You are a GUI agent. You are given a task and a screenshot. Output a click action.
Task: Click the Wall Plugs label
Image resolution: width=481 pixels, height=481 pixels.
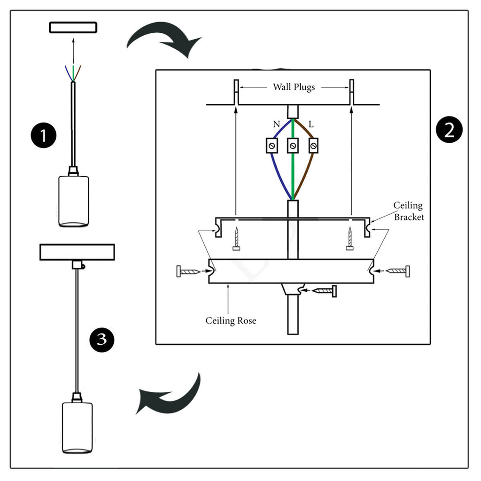[294, 87]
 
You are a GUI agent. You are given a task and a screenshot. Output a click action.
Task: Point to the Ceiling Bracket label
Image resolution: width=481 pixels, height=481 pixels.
[408, 211]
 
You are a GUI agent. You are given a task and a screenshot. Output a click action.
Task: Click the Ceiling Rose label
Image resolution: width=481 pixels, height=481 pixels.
[231, 321]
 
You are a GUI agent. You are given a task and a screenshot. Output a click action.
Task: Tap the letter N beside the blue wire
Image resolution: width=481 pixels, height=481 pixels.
[276, 124]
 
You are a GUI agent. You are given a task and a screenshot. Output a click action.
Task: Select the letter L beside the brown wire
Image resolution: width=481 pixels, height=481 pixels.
[310, 124]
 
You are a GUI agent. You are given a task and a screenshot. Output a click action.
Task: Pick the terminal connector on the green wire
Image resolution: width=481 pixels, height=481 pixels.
[293, 146]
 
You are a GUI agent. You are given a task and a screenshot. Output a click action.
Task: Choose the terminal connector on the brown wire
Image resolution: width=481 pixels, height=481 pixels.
[313, 146]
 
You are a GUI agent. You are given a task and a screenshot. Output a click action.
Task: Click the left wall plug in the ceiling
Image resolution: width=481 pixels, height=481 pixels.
[236, 92]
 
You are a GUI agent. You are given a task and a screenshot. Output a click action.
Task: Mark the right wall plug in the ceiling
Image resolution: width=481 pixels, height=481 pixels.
[351, 92]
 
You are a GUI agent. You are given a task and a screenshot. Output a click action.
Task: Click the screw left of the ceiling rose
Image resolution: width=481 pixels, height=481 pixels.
[189, 271]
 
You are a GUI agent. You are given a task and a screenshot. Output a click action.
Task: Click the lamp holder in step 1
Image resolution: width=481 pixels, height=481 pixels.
[74, 200]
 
